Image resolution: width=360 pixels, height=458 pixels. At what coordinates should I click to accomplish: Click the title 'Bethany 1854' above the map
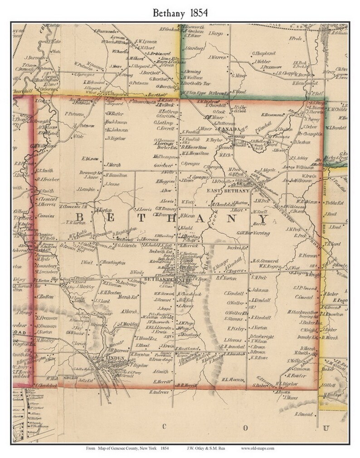[x=180, y=12]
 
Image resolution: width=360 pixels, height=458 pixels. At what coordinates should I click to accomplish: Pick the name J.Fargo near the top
[x=214, y=34]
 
